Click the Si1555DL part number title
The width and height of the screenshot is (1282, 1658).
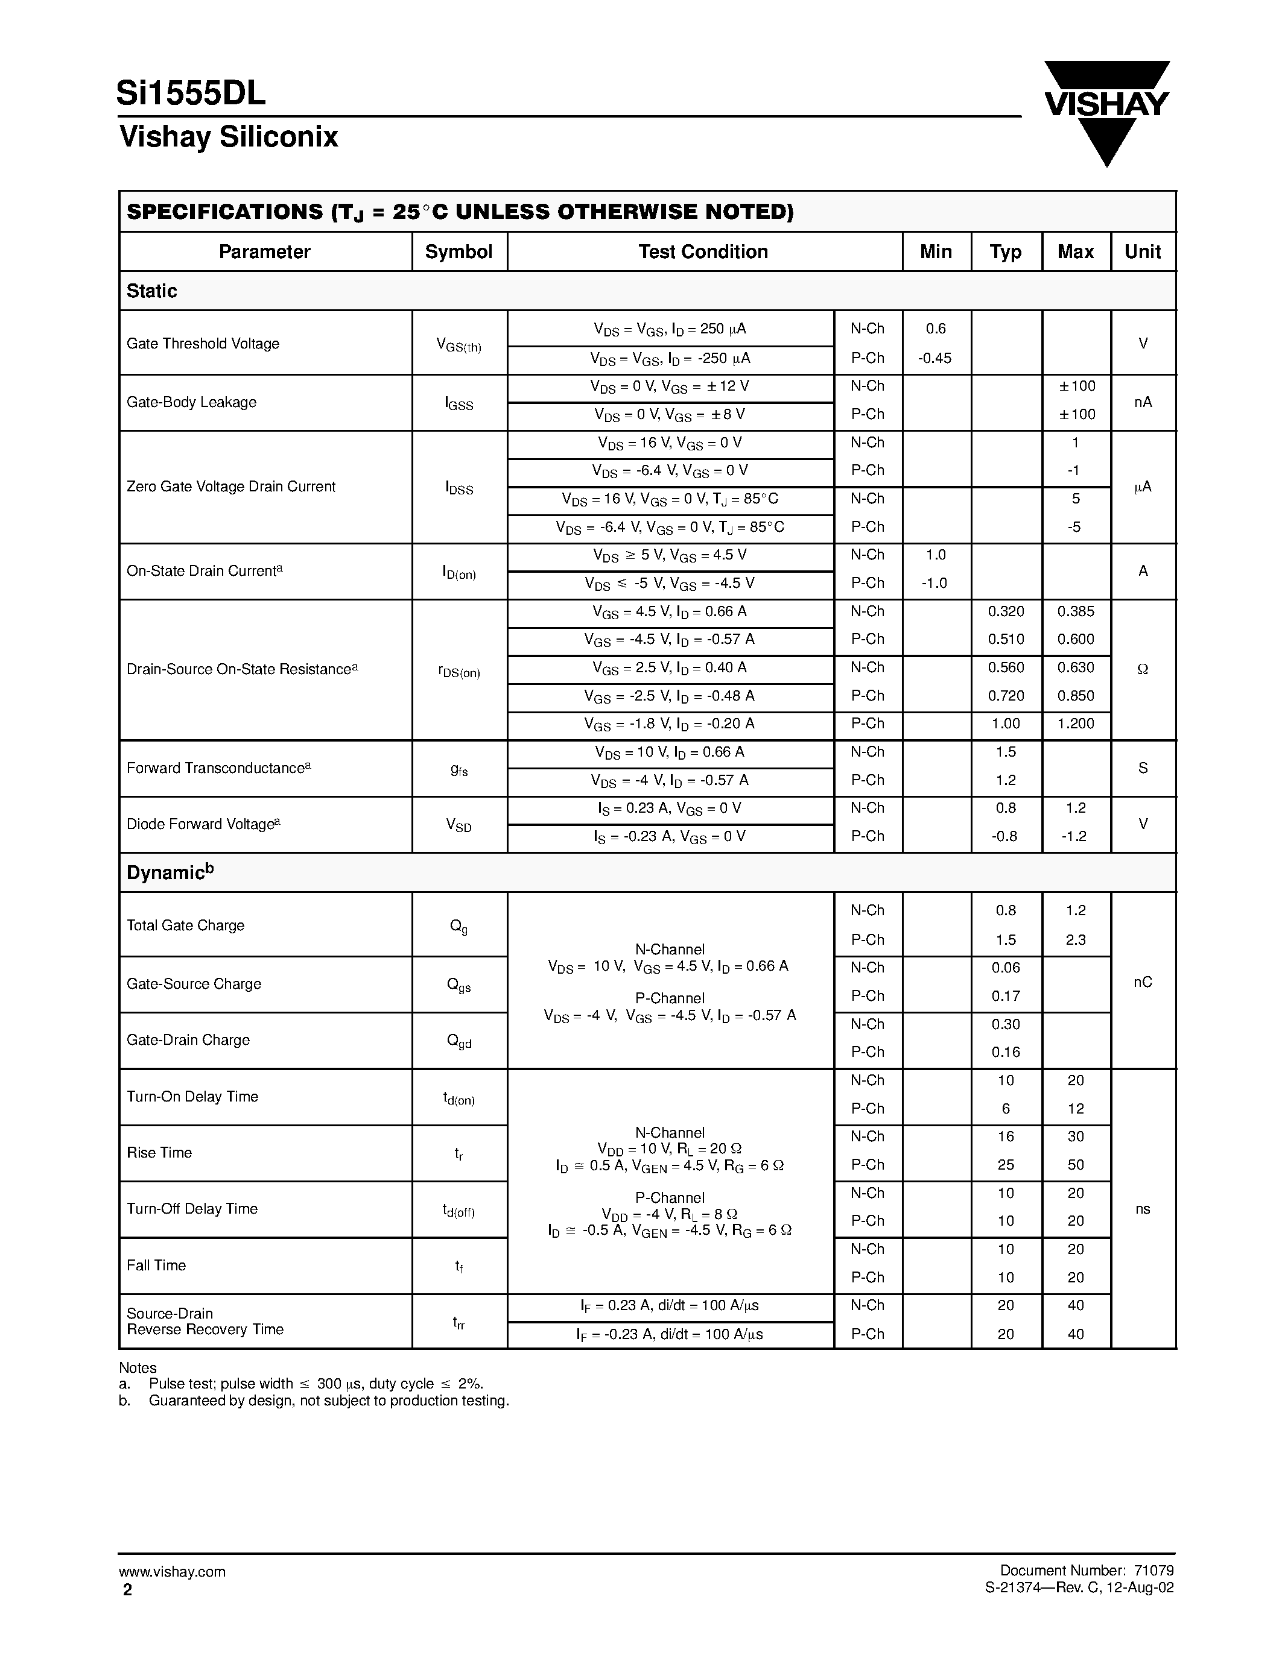pos(191,93)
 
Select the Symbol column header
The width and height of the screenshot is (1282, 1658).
pos(459,252)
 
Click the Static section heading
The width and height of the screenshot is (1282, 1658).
pos(152,291)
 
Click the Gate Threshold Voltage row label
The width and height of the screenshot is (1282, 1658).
pos(203,344)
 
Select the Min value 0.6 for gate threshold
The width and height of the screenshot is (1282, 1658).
pos(936,329)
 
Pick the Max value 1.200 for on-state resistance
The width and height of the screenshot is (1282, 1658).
pos(1076,723)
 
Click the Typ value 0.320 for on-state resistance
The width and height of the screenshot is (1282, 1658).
pos(1006,611)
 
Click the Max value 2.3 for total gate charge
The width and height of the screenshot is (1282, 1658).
pos(1076,940)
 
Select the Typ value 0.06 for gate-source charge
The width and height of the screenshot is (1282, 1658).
pos(1006,968)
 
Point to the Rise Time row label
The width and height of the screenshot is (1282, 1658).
pos(159,1152)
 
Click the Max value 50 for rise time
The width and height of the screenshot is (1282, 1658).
pos(1076,1165)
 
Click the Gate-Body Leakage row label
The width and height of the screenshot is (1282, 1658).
pos(191,402)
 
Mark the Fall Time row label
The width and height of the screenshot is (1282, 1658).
pos(156,1266)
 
